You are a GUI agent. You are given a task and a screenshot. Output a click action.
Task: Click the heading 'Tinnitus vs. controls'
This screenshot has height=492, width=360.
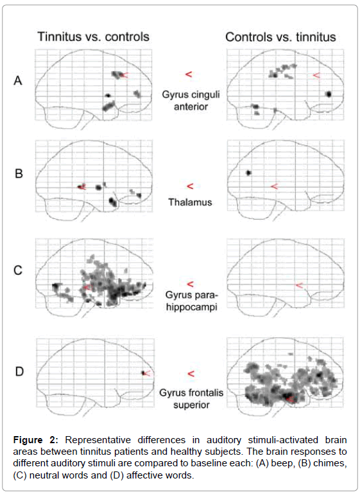pyautogui.click(x=94, y=37)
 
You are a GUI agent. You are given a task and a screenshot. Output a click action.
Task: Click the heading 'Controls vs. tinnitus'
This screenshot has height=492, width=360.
pyautogui.click(x=280, y=37)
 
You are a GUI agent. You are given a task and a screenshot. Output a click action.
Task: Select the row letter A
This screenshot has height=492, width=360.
pyautogui.click(x=18, y=81)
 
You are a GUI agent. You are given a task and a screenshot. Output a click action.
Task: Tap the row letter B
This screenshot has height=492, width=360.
pyautogui.click(x=19, y=173)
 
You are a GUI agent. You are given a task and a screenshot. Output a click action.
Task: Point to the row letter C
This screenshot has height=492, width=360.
pyautogui.click(x=18, y=270)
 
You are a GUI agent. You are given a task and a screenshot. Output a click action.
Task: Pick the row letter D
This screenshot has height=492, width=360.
pyautogui.click(x=19, y=371)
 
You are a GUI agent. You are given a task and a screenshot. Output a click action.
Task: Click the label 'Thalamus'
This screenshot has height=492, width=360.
pyautogui.click(x=191, y=202)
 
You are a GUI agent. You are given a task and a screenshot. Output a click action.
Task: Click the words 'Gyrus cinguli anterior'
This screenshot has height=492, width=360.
pyautogui.click(x=191, y=100)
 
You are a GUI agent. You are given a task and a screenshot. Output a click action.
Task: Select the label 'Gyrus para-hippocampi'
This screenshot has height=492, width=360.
pyautogui.click(x=191, y=301)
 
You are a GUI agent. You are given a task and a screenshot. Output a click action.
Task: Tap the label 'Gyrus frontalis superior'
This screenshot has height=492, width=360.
pyautogui.click(x=191, y=398)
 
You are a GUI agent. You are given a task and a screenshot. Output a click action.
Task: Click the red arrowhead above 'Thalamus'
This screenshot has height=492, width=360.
pyautogui.click(x=190, y=186)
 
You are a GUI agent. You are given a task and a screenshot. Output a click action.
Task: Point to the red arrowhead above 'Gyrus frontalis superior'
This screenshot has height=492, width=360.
pyautogui.click(x=191, y=374)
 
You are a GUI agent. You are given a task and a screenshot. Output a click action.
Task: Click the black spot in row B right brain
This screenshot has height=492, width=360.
pyautogui.click(x=249, y=173)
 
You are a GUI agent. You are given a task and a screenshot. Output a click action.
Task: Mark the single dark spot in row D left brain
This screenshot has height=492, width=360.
pyautogui.click(x=143, y=373)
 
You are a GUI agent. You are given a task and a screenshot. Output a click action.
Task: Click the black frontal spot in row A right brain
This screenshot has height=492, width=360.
pyautogui.click(x=329, y=94)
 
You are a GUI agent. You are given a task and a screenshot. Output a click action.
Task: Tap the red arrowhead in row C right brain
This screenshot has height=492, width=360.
pyautogui.click(x=300, y=286)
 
